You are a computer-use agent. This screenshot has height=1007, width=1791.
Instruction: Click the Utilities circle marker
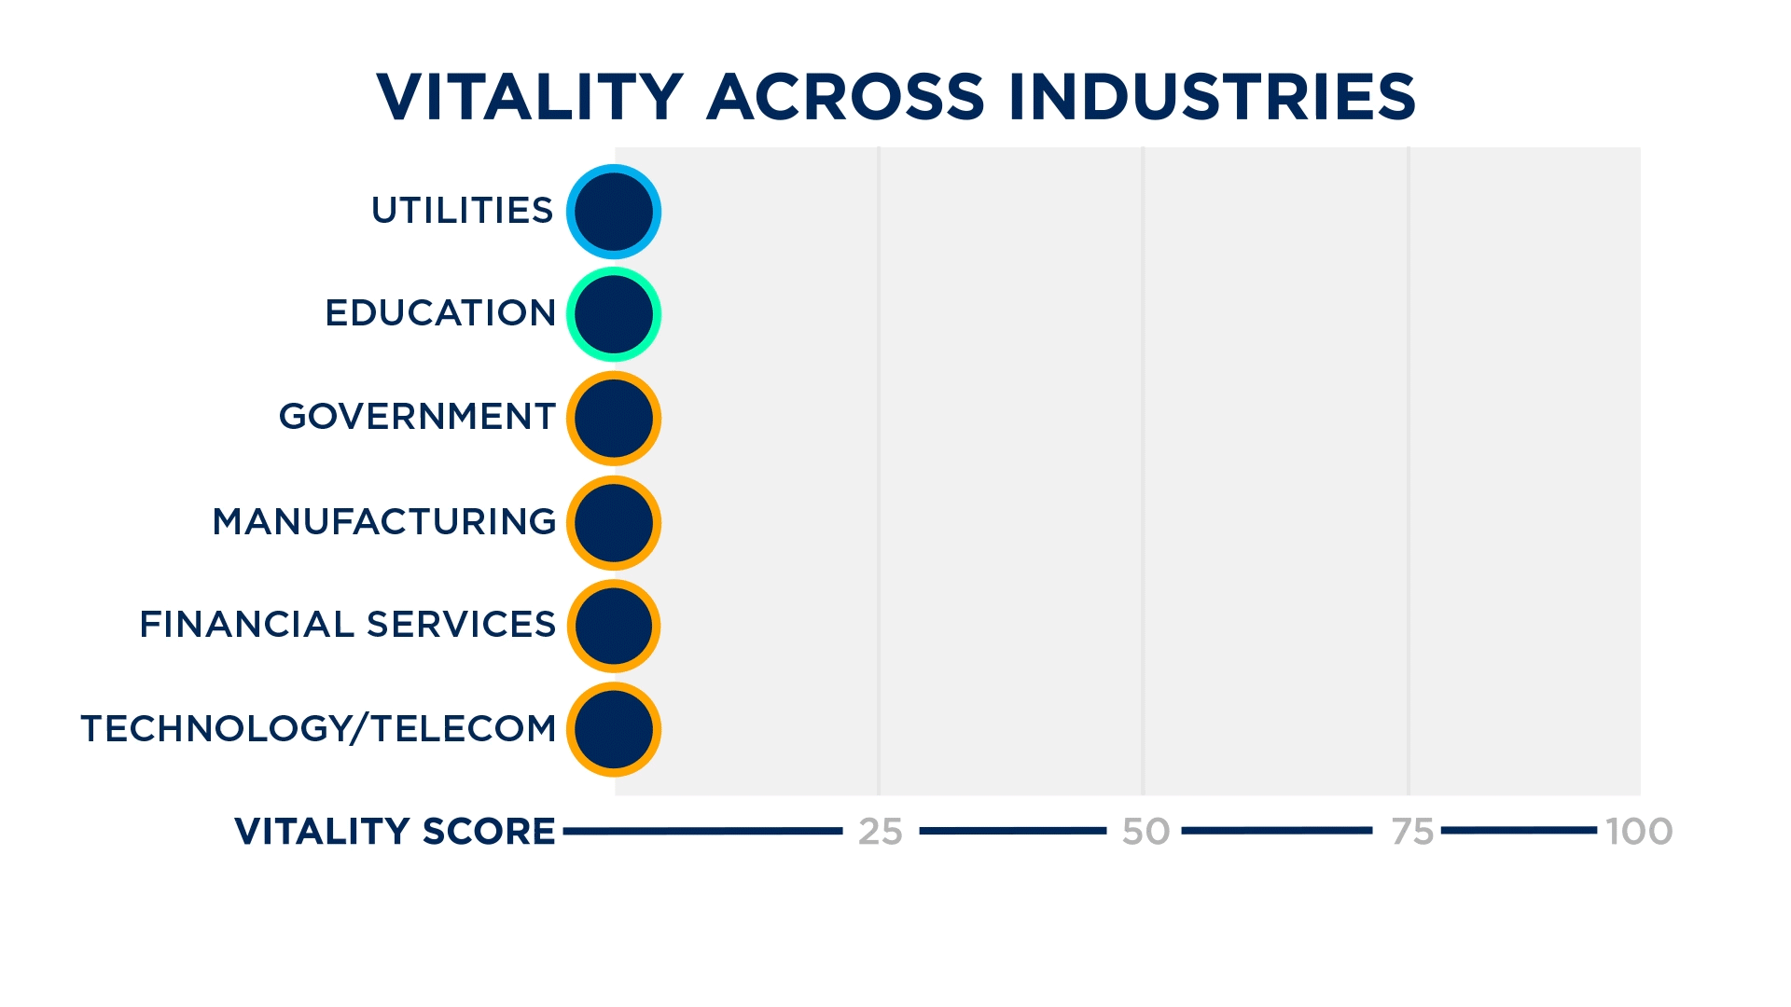(x=614, y=212)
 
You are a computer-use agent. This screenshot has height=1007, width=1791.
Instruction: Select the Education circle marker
(x=614, y=314)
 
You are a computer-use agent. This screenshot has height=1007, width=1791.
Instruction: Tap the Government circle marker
(x=614, y=419)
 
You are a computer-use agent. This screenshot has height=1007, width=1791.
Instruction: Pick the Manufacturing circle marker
(x=614, y=523)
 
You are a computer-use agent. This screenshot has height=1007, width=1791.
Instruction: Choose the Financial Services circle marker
(x=614, y=626)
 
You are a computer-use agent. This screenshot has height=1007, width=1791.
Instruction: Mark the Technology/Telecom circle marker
(x=614, y=729)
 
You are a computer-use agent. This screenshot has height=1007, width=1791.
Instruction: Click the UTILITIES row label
(x=463, y=211)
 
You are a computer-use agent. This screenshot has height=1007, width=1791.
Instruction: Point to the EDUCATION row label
(x=440, y=313)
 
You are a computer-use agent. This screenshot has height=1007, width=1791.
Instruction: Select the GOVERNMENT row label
(x=417, y=417)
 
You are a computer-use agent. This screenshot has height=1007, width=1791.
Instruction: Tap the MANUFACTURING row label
(x=384, y=522)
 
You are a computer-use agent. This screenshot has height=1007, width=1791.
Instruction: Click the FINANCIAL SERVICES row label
(x=348, y=625)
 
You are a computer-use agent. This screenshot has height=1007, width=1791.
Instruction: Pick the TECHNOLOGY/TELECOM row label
(x=319, y=728)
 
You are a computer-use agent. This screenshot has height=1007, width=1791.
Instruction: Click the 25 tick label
(x=881, y=832)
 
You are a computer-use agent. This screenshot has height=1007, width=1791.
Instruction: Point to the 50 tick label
(x=1145, y=832)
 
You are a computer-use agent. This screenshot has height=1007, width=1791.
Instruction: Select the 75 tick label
(x=1412, y=832)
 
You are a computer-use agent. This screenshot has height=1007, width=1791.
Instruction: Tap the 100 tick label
(x=1639, y=832)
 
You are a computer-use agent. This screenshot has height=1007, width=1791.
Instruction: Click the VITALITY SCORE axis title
(x=395, y=832)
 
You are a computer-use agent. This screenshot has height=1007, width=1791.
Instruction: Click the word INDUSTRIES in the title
(x=1212, y=97)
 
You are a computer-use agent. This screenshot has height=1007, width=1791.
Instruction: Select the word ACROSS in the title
(x=846, y=97)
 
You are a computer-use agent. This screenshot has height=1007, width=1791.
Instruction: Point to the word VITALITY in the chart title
(x=530, y=97)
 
